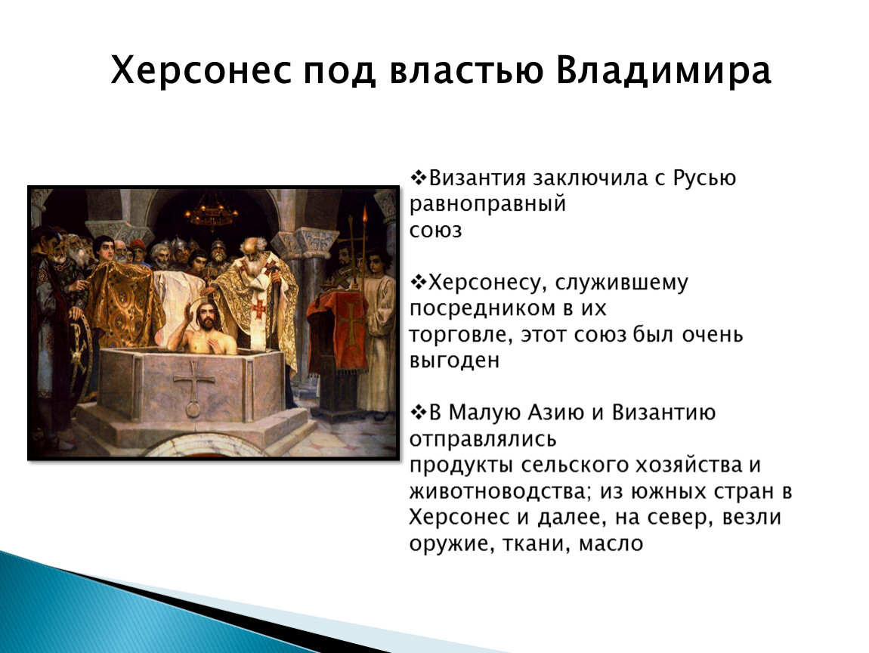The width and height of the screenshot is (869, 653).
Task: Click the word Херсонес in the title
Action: click(x=201, y=70)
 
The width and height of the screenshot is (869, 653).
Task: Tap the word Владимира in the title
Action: click(x=663, y=70)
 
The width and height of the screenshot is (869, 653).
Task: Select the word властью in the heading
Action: click(x=466, y=71)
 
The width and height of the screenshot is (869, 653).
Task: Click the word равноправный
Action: click(x=487, y=205)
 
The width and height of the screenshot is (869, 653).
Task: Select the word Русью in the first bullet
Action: click(x=704, y=178)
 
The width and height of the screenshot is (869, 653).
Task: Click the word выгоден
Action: click(x=454, y=361)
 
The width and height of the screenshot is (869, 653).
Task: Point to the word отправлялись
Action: click(x=483, y=439)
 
